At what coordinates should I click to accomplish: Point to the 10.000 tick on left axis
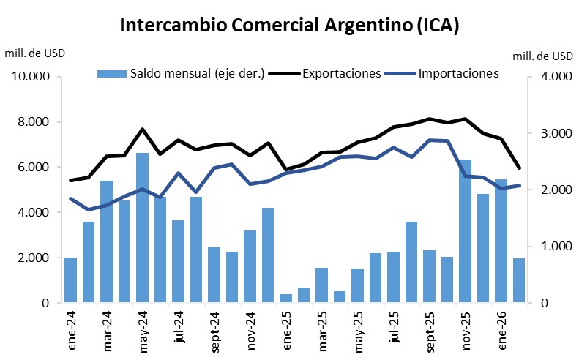(30, 77)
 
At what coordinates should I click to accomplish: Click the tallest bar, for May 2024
(142, 228)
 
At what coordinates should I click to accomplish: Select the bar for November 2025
(465, 231)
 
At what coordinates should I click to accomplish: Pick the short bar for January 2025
(286, 299)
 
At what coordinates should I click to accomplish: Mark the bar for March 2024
(106, 241)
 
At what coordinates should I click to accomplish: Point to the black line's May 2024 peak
(142, 130)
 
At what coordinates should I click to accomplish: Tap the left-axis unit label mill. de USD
(34, 53)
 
